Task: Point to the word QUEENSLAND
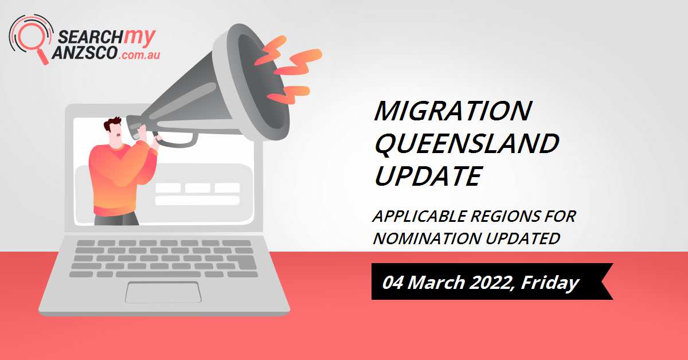[466, 143]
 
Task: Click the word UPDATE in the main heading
[427, 176]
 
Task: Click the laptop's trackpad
[163, 292]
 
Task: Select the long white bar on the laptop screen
[197, 201]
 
